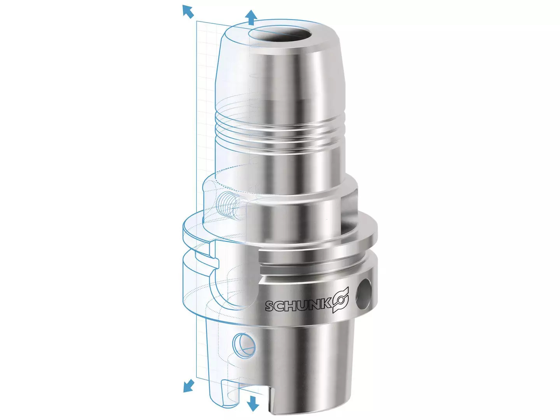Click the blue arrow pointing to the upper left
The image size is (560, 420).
(188, 12)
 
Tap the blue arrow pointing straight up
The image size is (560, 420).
(251, 17)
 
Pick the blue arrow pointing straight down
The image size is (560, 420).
(253, 403)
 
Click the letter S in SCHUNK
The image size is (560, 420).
(270, 306)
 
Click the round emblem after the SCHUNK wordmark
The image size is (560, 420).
(340, 300)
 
